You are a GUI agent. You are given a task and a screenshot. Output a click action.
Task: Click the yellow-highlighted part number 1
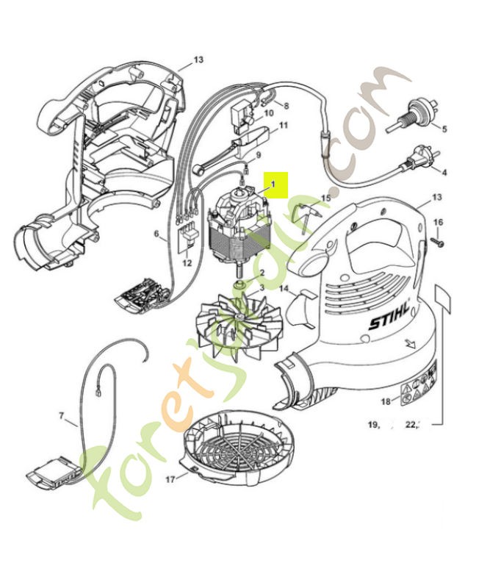[x=275, y=184]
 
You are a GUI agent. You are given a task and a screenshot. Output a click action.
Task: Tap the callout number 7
[x=62, y=416]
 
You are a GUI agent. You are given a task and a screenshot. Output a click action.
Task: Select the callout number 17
[x=170, y=479]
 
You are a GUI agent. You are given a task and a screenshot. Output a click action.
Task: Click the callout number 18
[x=386, y=401]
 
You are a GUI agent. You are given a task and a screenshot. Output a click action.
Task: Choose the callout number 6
[x=156, y=234]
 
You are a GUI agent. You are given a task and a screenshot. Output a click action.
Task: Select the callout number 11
[x=283, y=126]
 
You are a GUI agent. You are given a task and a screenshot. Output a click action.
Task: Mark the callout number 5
[x=443, y=129]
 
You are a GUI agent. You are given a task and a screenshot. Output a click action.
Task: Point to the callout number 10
[x=268, y=114]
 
